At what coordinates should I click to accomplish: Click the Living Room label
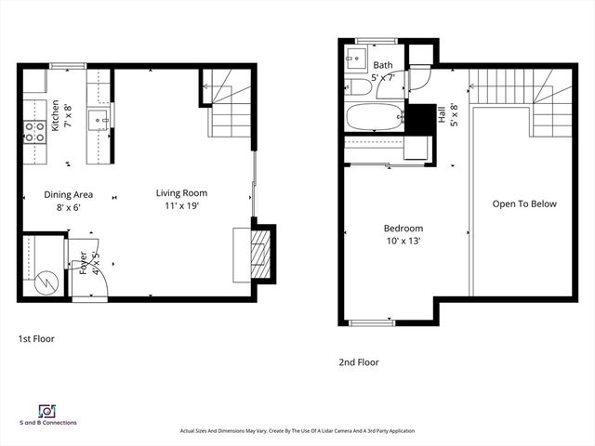181,193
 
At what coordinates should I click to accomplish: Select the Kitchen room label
56,115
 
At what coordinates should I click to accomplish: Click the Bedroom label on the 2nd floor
403,229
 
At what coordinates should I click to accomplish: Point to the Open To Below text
524,204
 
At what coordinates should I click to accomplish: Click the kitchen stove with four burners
35,132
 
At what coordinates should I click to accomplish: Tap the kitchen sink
99,119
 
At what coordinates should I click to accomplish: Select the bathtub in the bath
374,118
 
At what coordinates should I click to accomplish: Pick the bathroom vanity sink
354,61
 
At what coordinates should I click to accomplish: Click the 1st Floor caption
36,339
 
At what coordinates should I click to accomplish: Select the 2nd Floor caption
358,362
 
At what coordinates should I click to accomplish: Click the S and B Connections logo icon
45,411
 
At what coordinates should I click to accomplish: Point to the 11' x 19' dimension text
181,207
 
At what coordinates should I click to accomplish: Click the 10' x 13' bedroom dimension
403,242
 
